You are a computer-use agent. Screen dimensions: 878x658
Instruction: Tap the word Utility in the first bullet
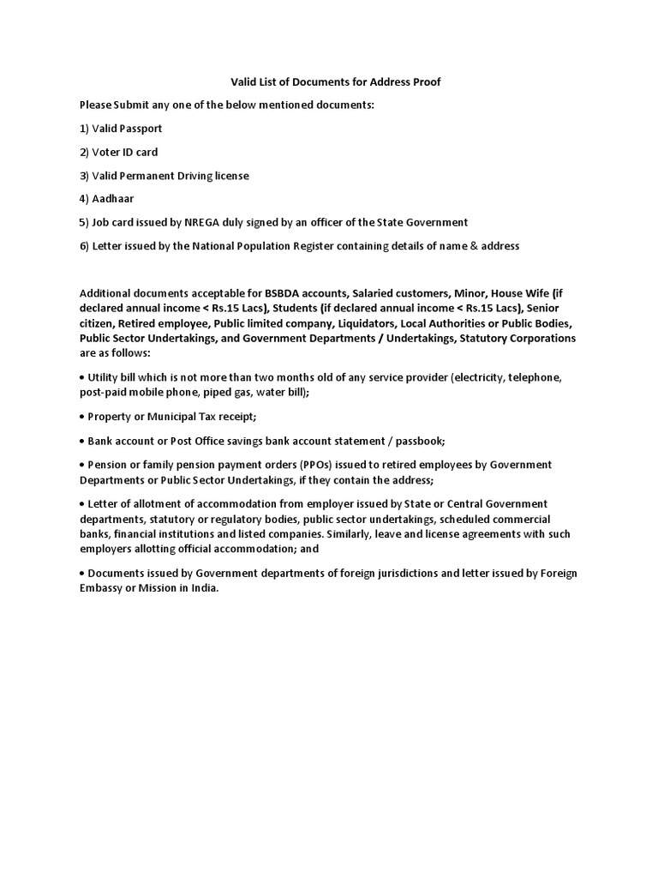(105, 377)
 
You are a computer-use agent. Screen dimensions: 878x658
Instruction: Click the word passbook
(421, 441)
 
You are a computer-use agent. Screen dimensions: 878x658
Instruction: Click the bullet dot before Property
(81, 418)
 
